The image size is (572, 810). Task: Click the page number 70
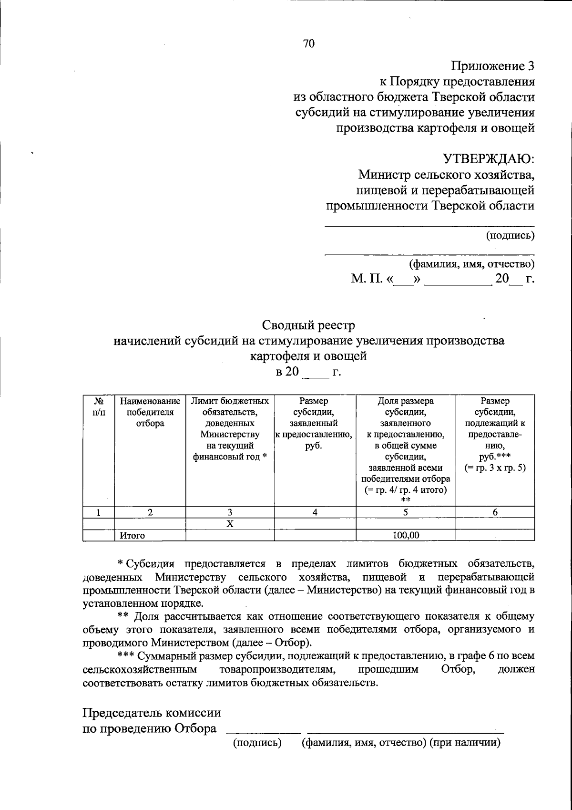[309, 44]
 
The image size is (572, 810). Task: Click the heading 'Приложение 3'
[493, 66]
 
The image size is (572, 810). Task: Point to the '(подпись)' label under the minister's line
[510, 235]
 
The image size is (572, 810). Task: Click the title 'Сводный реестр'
[308, 325]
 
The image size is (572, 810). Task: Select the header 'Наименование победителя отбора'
[150, 412]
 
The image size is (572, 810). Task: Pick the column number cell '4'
[315, 512]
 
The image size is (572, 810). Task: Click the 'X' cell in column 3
[230, 524]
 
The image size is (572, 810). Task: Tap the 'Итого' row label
[132, 535]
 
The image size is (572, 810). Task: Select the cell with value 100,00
[406, 535]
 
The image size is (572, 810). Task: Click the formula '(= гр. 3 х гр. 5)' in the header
[495, 468]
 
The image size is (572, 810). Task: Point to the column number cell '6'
[495, 512]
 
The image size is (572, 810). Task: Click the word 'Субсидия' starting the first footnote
[153, 565]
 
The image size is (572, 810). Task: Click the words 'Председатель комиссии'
[152, 713]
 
